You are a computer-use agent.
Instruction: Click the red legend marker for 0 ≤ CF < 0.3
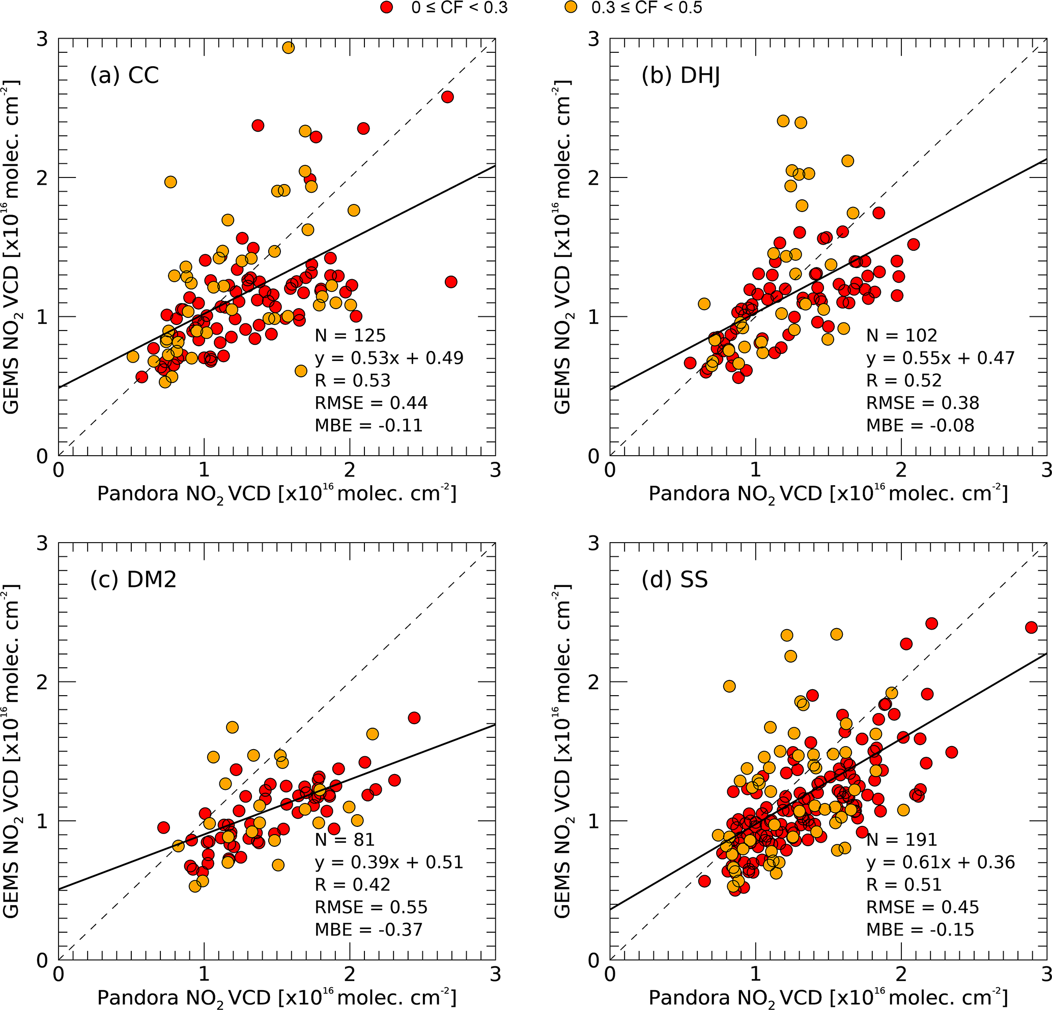[x=386, y=8]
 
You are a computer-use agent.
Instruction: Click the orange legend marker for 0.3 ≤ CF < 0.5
[x=574, y=8]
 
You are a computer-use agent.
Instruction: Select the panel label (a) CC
[x=125, y=75]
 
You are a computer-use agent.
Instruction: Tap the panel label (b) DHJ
[x=680, y=76]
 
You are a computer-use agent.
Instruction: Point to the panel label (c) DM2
[x=133, y=580]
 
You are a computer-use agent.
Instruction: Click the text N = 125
[x=350, y=335]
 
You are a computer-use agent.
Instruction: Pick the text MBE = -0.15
[x=920, y=930]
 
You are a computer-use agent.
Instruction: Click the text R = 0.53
[x=352, y=380]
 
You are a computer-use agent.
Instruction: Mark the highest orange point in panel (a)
[x=288, y=47]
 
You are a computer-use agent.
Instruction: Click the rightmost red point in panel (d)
[x=1031, y=627]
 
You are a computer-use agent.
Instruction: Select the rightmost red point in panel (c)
[x=414, y=718]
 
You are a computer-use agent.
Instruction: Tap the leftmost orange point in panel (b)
[x=704, y=304]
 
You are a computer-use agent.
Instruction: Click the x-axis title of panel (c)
[x=276, y=998]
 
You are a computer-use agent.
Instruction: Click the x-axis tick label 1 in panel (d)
[x=755, y=973]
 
